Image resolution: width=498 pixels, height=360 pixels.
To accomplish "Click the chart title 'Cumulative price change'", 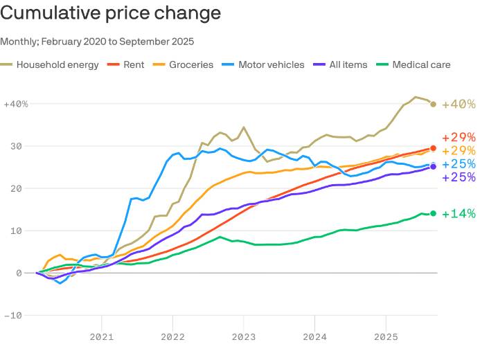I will [111, 13].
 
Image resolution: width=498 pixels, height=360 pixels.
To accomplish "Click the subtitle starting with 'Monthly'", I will [97, 42].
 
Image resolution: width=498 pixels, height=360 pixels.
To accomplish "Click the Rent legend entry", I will [126, 64].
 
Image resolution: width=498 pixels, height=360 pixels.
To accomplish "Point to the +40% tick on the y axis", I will [15, 104].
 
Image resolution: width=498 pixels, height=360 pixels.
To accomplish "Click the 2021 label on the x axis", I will [102, 337].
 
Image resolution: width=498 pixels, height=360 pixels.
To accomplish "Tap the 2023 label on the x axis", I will [244, 337].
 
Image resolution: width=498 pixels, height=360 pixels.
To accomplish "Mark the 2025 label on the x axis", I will [386, 337].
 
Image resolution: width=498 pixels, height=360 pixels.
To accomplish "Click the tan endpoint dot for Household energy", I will [434, 105].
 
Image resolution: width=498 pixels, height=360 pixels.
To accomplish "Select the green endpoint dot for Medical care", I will [434, 213].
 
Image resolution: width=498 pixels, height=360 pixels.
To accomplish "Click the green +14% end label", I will [459, 214].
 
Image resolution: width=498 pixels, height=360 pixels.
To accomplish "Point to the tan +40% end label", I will [459, 105].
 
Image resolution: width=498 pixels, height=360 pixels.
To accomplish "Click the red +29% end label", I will [459, 137].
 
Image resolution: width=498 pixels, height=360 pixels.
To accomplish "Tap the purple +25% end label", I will [459, 177].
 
